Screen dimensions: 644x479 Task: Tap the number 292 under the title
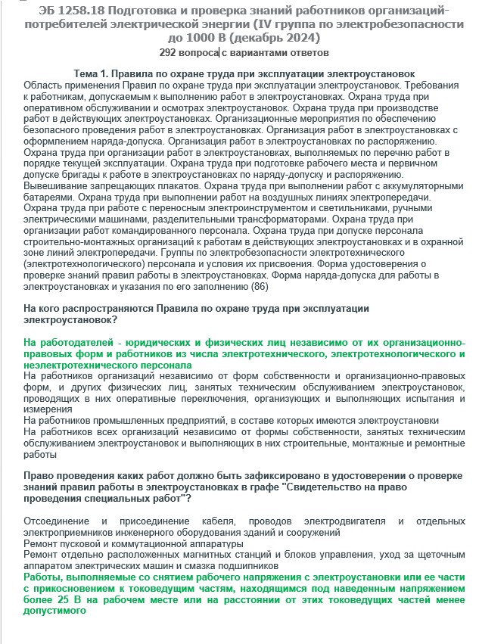[170, 53]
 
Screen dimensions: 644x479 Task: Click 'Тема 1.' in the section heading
[94, 73]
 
